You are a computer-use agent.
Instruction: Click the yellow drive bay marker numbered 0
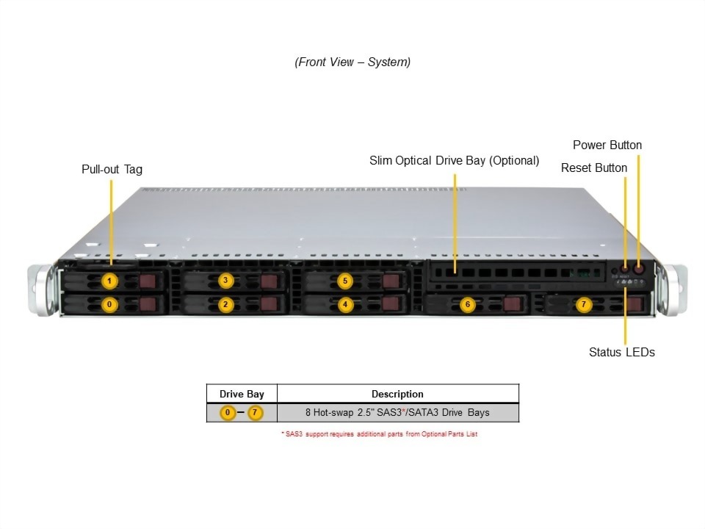pos(109,303)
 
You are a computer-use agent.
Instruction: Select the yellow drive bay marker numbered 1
pos(109,281)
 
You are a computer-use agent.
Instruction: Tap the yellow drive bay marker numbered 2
pos(226,303)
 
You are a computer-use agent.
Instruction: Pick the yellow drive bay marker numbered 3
pos(226,280)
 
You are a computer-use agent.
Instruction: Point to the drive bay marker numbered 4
pos(346,303)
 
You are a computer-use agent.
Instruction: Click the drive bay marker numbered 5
pos(346,280)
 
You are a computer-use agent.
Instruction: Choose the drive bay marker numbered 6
pos(466,303)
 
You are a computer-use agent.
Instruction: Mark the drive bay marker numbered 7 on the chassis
pos(583,303)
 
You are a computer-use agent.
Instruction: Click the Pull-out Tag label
pos(112,169)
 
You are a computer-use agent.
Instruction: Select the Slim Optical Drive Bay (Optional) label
pos(454,160)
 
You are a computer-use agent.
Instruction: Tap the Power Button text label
pos(607,145)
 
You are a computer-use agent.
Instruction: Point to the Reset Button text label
pos(594,168)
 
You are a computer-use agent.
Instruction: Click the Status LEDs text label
pos(621,352)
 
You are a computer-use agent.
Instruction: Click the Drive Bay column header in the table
pos(242,394)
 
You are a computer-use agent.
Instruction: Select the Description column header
pos(397,394)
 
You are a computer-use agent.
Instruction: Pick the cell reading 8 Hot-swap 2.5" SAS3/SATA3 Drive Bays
pos(397,413)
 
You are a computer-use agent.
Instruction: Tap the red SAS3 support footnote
pos(379,434)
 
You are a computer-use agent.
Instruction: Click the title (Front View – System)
pos(352,62)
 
